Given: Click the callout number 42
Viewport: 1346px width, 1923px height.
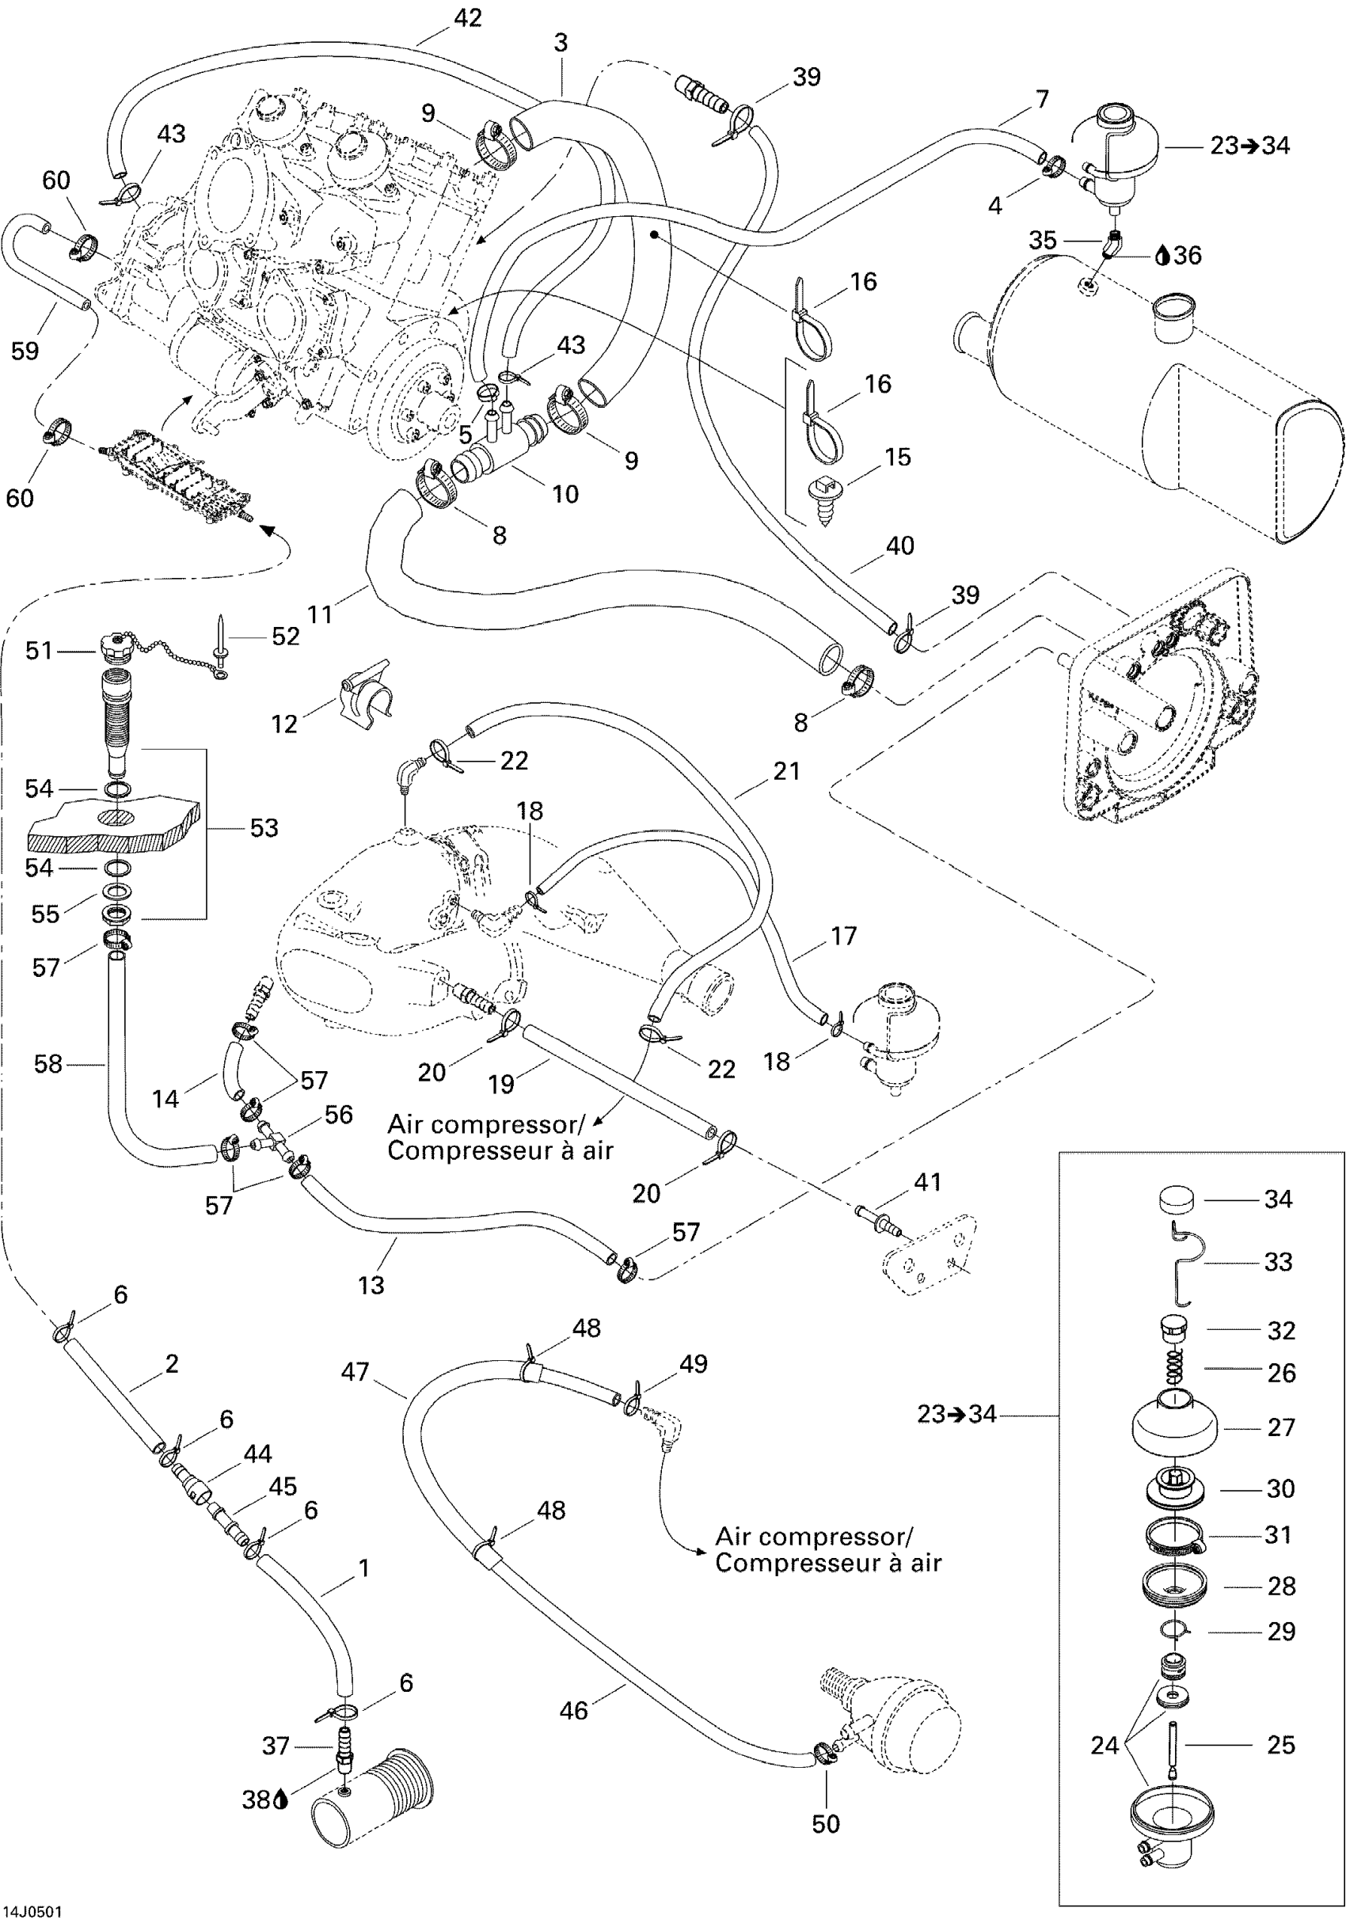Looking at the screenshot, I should pyautogui.click(x=467, y=17).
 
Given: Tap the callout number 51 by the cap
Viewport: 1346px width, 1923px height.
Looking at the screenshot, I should pyautogui.click(x=39, y=651).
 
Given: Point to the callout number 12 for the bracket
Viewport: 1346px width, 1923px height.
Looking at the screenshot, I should pyautogui.click(x=285, y=724).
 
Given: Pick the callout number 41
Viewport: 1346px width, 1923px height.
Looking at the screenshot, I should pyautogui.click(x=927, y=1182).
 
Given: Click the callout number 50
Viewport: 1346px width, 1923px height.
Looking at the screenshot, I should pyautogui.click(x=826, y=1823).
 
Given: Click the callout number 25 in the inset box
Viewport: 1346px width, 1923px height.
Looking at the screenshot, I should pyautogui.click(x=1280, y=1745).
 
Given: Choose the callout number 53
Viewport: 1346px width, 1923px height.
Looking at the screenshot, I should pyautogui.click(x=264, y=827).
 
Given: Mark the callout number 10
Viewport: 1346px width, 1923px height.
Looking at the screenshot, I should pyautogui.click(x=565, y=494).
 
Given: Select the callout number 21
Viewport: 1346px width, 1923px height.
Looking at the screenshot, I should pyautogui.click(x=786, y=770).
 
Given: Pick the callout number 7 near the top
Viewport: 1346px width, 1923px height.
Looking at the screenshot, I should pyautogui.click(x=1042, y=100).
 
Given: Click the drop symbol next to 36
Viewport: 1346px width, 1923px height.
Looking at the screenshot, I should pyautogui.click(x=1162, y=256).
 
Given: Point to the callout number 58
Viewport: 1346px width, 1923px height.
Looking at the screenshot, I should pyautogui.click(x=48, y=1064).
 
